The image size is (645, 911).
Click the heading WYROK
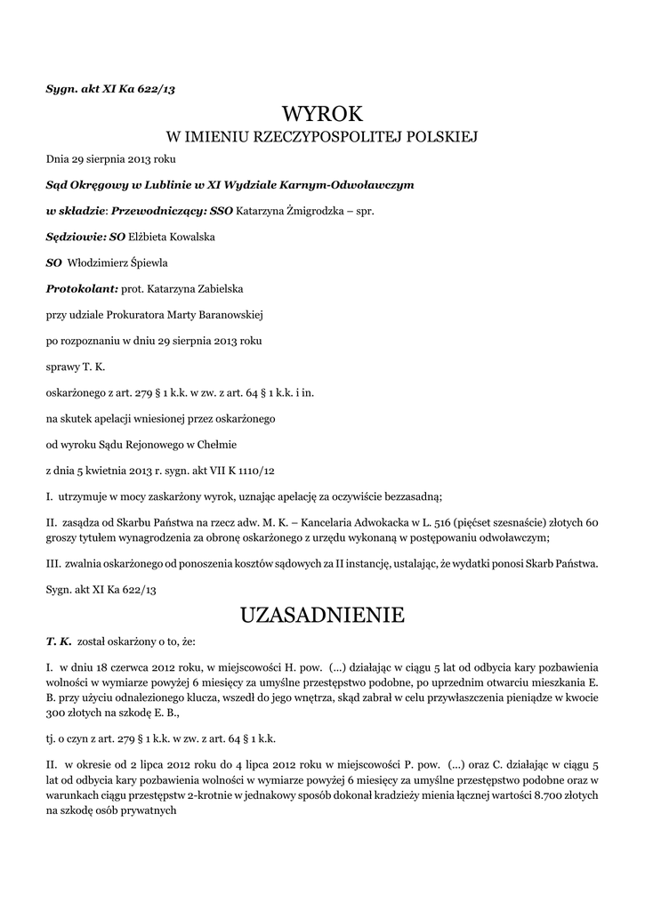click(322, 114)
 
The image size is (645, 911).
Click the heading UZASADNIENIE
click(322, 615)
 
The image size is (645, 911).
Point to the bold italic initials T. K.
click(59, 641)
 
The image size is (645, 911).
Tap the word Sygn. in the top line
click(62, 87)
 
